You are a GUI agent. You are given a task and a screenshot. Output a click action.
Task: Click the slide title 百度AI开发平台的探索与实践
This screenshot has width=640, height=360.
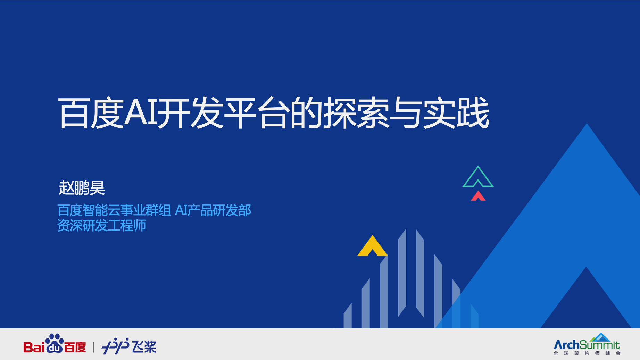click(x=274, y=113)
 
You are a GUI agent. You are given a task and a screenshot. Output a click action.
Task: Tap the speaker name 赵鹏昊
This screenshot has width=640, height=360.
click(x=82, y=188)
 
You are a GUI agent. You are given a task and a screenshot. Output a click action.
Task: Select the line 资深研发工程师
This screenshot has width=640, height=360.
click(x=101, y=226)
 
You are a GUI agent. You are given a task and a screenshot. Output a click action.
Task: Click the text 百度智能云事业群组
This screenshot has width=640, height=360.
click(x=114, y=210)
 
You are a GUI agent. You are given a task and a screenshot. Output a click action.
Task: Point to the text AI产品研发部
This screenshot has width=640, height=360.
click(x=213, y=210)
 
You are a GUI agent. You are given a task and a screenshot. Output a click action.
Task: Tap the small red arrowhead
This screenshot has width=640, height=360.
click(x=478, y=196)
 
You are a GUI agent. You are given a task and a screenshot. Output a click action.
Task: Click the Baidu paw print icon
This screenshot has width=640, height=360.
click(x=55, y=343)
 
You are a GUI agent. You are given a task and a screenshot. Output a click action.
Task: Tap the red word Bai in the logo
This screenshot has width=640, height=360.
click(x=34, y=347)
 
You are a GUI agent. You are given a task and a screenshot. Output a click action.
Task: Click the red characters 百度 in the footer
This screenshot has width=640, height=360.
click(x=75, y=347)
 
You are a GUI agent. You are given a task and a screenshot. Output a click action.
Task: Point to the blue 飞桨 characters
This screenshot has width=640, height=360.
click(x=144, y=347)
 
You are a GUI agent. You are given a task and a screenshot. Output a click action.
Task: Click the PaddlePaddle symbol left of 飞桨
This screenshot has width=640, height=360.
click(x=115, y=346)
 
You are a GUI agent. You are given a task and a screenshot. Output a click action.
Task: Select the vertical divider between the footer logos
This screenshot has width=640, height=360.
click(x=94, y=347)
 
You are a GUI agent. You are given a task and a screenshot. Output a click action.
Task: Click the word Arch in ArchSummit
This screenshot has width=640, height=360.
click(x=566, y=345)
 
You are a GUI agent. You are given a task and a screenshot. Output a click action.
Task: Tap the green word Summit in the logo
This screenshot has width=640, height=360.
click(x=600, y=345)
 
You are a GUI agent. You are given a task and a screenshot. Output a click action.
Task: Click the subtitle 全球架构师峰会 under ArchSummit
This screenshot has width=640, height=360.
click(x=587, y=353)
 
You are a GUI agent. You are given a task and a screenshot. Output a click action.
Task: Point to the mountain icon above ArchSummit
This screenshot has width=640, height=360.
click(x=600, y=337)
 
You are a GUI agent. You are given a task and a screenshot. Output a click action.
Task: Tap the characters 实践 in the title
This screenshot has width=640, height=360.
click(x=457, y=113)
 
